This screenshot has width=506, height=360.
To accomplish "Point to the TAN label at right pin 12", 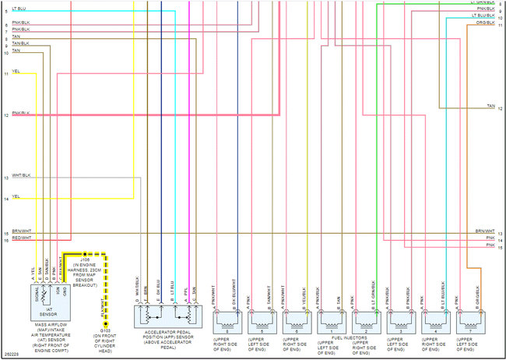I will (x=491, y=106).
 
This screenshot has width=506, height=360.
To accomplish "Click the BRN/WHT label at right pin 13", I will (x=484, y=231).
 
